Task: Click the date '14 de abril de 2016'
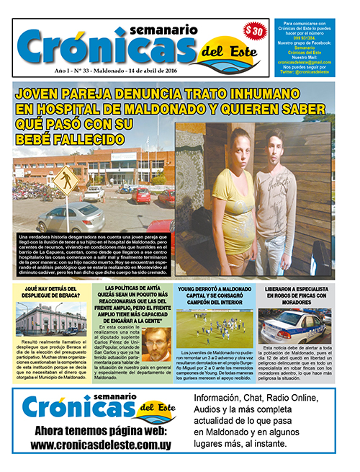pyautogui.click(x=180, y=74)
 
